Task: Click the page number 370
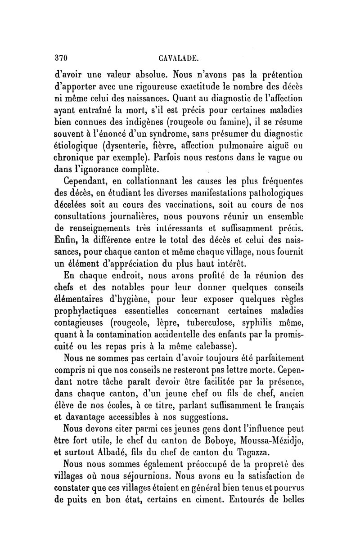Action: tap(60, 58)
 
